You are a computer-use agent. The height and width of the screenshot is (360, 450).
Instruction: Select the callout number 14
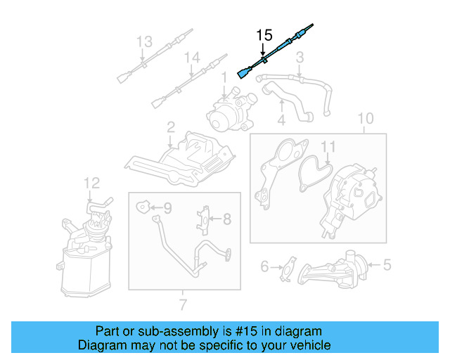pyautogui.click(x=191, y=58)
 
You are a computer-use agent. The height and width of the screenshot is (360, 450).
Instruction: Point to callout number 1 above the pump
pyautogui.click(x=224, y=75)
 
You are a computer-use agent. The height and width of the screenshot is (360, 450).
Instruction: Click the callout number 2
pyautogui.click(x=170, y=127)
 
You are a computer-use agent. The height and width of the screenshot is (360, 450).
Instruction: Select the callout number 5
pyautogui.click(x=386, y=265)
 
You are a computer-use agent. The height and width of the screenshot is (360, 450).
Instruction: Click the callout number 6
pyautogui.click(x=265, y=266)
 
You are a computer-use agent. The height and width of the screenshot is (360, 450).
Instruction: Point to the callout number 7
pyautogui.click(x=183, y=304)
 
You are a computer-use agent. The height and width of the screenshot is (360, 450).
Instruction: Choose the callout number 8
pyautogui.click(x=226, y=219)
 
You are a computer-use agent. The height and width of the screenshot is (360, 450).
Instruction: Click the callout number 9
pyautogui.click(x=167, y=207)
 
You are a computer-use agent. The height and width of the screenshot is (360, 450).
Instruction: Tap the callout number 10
pyautogui.click(x=365, y=118)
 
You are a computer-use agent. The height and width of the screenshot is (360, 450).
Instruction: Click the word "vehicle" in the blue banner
pyautogui.click(x=307, y=345)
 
